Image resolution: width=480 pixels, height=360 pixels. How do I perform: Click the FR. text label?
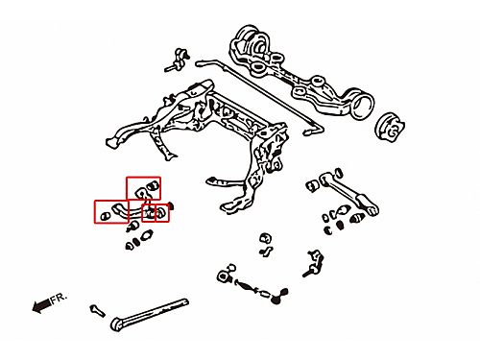click(x=59, y=298)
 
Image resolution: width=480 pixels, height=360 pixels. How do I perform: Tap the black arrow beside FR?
click(x=41, y=305)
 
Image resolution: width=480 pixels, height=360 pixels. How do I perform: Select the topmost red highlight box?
click(x=143, y=188)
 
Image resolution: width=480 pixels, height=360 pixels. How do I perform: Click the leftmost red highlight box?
click(x=111, y=211)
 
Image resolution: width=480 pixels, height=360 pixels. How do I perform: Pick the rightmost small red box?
click(x=162, y=212)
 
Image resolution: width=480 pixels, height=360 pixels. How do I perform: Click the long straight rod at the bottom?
click(x=150, y=315)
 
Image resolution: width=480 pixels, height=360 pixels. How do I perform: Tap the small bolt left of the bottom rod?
click(x=97, y=310)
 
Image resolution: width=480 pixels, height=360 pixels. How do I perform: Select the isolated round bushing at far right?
click(x=390, y=127)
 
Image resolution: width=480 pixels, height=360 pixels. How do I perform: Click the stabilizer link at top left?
click(x=178, y=60)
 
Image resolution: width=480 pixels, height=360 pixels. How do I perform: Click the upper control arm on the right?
click(x=349, y=193)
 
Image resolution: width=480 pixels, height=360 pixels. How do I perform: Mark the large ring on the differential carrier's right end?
click(x=362, y=104)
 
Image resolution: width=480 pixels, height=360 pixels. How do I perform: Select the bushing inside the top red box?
click(x=154, y=186)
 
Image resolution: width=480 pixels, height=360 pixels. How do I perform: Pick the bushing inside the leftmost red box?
click(x=105, y=217)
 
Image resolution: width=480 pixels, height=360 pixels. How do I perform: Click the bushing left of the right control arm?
click(x=312, y=185)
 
